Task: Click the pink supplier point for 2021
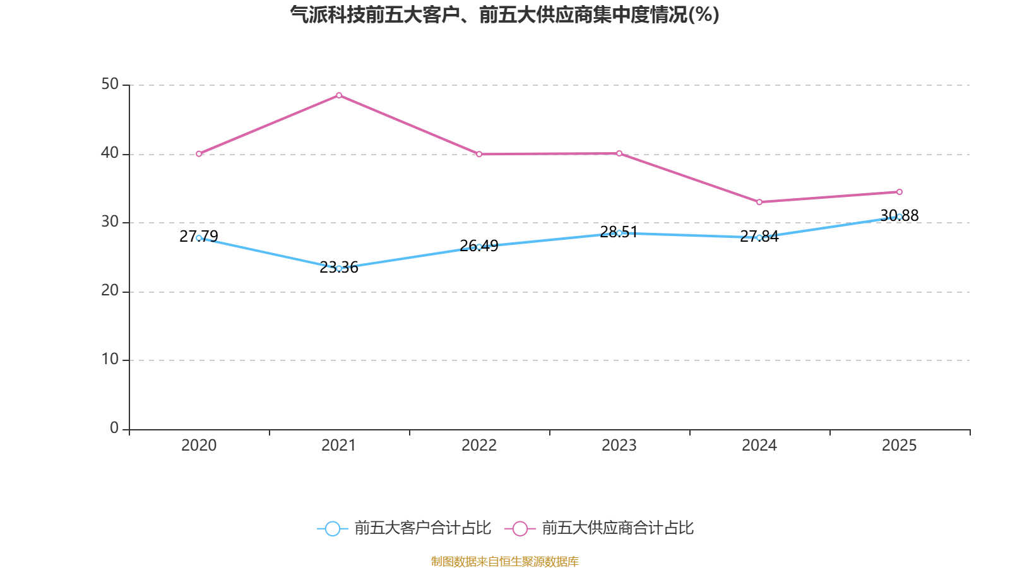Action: [339, 95]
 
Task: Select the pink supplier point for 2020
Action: [199, 154]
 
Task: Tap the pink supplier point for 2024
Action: [759, 202]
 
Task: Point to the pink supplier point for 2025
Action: [900, 192]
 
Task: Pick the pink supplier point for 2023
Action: [619, 153]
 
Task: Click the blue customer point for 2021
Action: [339, 268]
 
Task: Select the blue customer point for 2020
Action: [199, 238]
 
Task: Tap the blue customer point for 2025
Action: [900, 216]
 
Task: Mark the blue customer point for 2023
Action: [619, 233]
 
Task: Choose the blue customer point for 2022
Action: [479, 247]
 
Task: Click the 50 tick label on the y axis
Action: [110, 85]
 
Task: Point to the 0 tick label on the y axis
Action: [114, 429]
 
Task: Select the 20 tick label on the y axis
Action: [110, 291]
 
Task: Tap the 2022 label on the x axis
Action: [479, 446]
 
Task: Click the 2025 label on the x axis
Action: [900, 446]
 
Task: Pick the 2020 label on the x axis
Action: [199, 446]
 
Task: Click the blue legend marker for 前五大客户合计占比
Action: [333, 528]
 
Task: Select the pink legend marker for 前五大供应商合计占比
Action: [520, 528]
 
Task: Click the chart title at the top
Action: [505, 15]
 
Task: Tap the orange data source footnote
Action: [505, 561]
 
